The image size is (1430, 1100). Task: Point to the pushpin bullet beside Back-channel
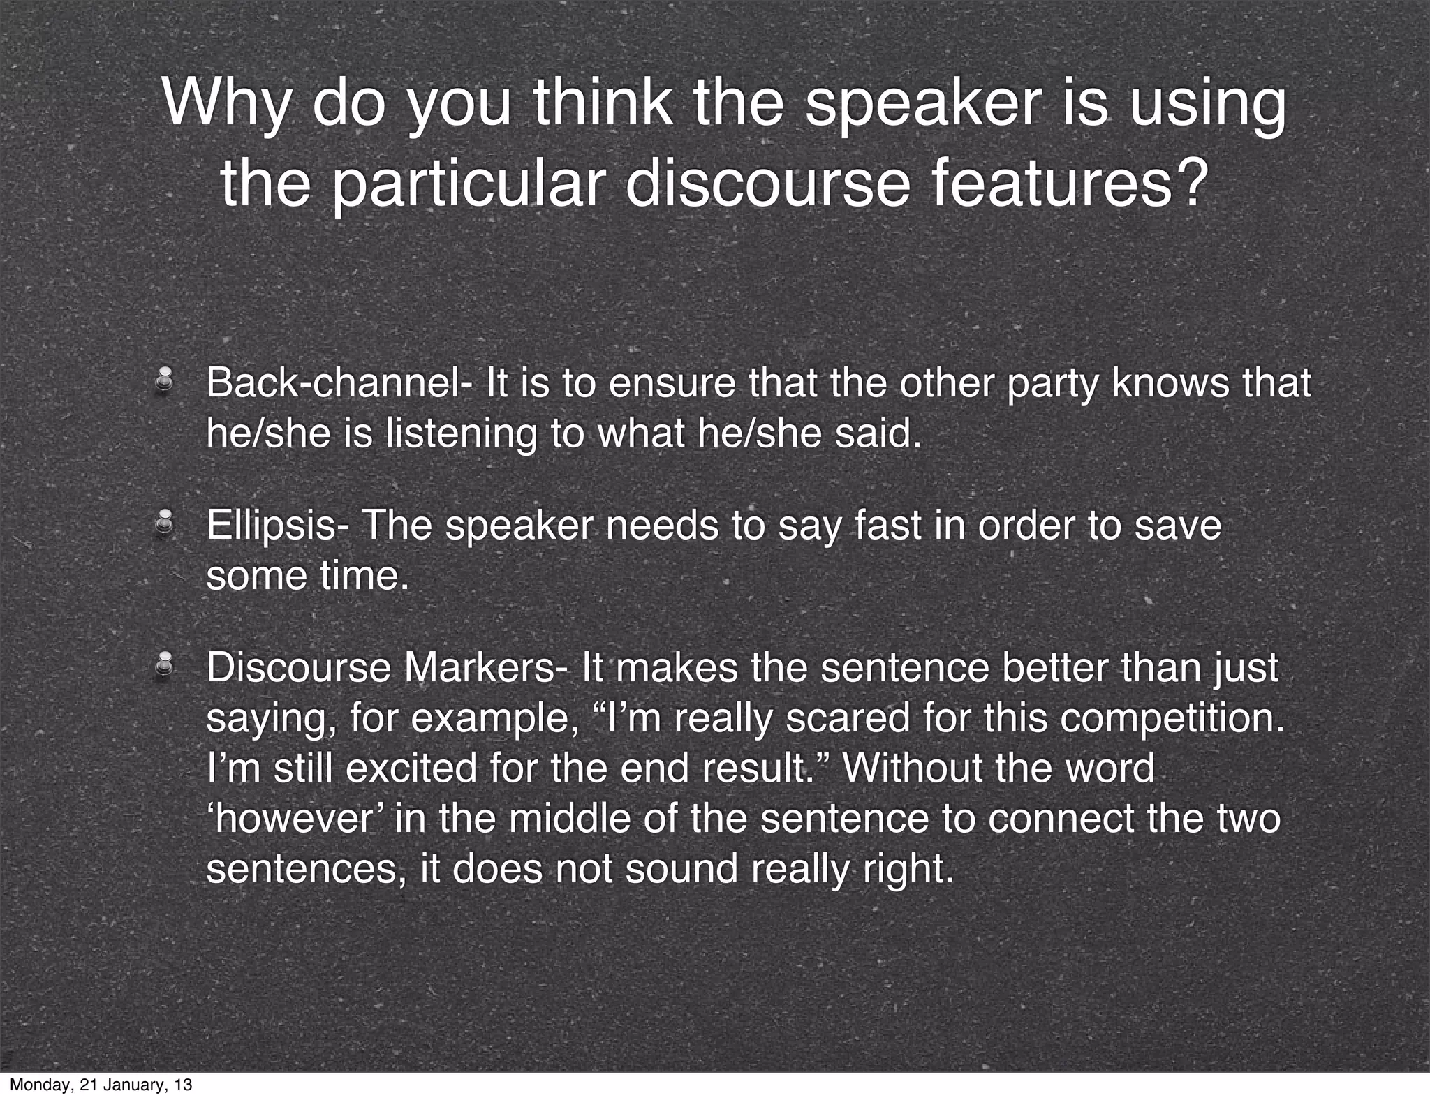(x=165, y=382)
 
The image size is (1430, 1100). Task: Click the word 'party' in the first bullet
(x=1054, y=384)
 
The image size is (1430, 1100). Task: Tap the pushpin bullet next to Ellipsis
(x=165, y=523)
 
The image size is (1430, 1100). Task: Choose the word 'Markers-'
(x=486, y=667)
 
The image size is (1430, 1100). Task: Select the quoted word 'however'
(x=293, y=818)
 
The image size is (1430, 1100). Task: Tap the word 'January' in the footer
(x=133, y=1085)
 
